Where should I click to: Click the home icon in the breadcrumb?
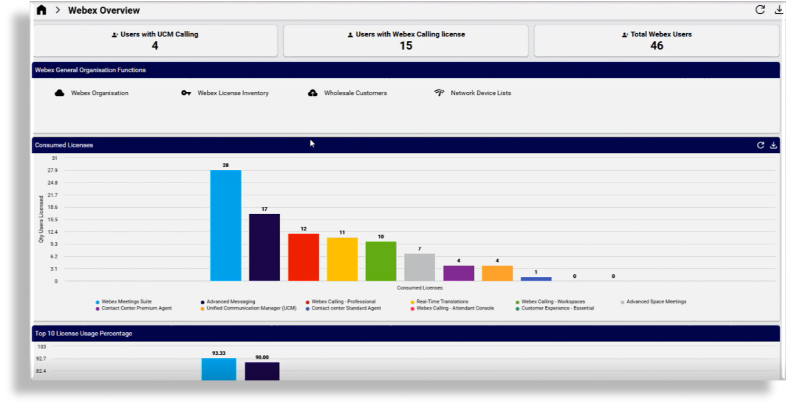[42, 10]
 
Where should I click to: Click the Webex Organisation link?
[99, 93]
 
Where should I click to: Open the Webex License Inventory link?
[233, 93]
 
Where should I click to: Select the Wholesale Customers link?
[355, 93]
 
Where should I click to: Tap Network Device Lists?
[481, 93]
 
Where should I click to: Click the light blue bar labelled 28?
[226, 226]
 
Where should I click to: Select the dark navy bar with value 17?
[264, 247]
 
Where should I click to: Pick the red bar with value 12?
[303, 257]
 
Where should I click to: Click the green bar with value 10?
[381, 261]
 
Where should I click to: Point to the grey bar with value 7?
[419, 267]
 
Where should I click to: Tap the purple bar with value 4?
[458, 273]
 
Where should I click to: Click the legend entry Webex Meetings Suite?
[126, 302]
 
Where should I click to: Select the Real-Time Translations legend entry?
[442, 302]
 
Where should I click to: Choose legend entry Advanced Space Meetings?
[656, 302]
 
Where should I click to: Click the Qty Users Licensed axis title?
[41, 219]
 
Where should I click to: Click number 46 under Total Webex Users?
[657, 46]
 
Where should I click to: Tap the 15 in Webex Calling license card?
[406, 46]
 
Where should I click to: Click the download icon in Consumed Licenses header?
[773, 145]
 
